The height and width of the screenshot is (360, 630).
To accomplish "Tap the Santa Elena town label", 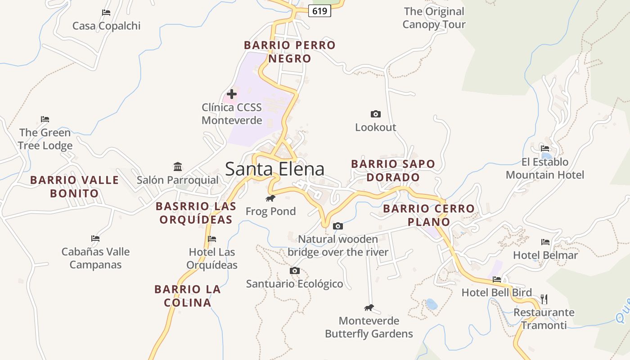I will [274, 169].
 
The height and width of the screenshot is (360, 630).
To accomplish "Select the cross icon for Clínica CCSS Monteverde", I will [232, 94].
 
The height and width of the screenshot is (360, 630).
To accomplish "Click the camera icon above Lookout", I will [375, 114].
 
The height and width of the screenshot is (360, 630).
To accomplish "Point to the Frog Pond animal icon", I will [270, 198].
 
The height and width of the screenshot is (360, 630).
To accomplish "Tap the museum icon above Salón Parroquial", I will [178, 167].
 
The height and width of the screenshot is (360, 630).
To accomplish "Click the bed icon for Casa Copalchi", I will [106, 13].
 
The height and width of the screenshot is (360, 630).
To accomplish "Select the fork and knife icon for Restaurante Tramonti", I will [544, 299].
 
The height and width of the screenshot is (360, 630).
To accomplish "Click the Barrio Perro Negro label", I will [290, 52].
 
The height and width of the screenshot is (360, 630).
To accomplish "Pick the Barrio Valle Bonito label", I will [75, 187].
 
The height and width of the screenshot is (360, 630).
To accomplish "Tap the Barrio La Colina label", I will [188, 296].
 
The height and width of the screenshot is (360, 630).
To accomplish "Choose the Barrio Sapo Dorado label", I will [393, 171].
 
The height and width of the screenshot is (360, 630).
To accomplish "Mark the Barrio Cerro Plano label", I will [429, 215].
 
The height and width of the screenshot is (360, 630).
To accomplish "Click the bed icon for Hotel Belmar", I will [545, 242].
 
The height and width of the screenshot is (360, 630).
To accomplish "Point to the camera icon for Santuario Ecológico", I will [294, 270].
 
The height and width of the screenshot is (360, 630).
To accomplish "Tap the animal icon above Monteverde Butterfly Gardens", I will [369, 308].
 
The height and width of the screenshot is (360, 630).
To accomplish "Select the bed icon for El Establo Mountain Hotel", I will [545, 148].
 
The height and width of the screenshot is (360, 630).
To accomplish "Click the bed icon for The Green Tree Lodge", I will [45, 119].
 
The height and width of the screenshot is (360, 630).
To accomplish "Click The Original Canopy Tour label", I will [434, 18].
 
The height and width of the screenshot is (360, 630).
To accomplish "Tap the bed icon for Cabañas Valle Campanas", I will [95, 238].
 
